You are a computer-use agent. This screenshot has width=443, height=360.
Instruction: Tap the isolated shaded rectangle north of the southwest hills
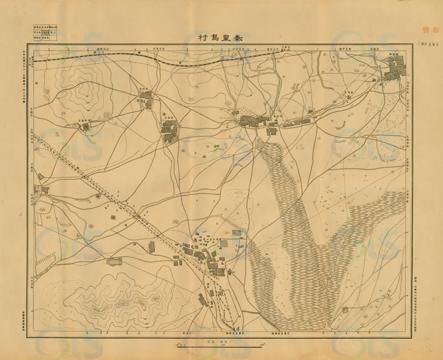tap(116, 260)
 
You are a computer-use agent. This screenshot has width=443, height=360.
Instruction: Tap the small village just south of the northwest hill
tap(85, 127)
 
